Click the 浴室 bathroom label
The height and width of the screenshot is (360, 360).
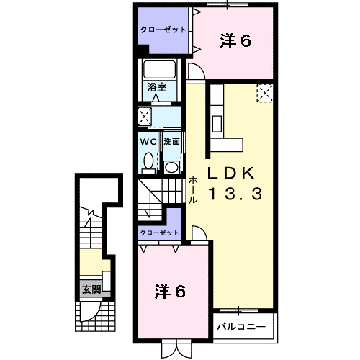157,87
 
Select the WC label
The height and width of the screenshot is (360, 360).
148,142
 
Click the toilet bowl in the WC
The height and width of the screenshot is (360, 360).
148,161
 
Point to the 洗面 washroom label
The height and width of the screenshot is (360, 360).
171,142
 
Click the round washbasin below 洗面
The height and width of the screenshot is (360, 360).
171,167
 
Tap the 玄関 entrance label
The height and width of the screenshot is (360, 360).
91,289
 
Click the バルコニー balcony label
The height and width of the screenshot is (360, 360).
241,327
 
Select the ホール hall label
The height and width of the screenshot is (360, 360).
193,190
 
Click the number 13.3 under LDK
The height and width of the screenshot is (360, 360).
235,194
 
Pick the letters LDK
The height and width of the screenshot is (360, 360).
231,174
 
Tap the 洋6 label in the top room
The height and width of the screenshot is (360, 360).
235,41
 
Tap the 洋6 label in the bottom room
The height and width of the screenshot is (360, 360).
170,292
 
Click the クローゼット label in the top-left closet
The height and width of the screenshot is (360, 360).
163,30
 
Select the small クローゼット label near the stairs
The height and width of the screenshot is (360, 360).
160,233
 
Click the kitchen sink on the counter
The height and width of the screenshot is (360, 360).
217,124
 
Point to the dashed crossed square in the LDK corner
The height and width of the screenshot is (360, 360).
265,93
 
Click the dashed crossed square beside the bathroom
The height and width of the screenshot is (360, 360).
145,117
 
